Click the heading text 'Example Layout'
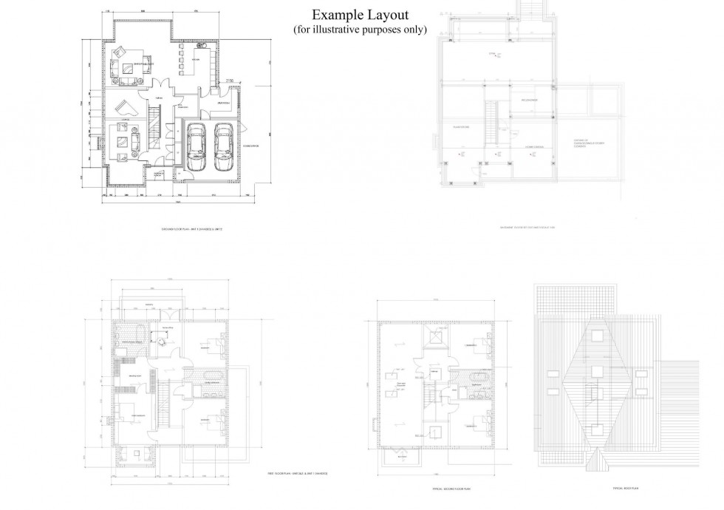click(x=360, y=15)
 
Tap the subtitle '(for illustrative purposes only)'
click(x=360, y=30)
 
